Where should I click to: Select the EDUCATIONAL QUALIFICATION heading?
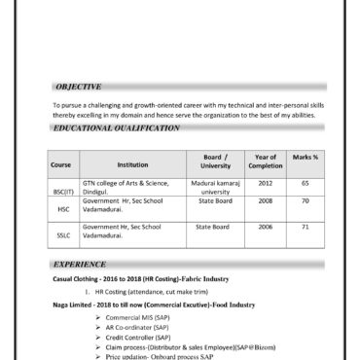112,127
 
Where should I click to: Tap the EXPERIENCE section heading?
81,264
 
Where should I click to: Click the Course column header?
60,164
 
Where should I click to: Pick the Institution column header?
132,164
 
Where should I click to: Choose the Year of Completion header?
265,161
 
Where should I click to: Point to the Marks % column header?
305,157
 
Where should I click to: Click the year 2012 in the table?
265,183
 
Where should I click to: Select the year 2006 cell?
265,227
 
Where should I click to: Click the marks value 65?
305,183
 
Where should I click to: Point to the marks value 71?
305,227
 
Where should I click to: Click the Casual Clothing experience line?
140,278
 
